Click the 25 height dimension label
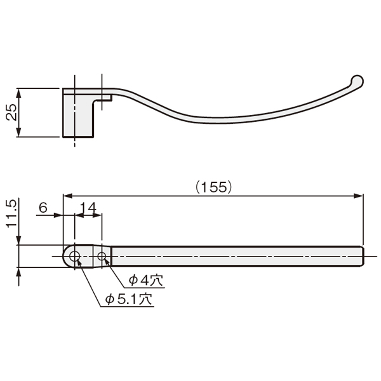(11, 112)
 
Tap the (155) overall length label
(214, 187)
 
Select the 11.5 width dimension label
(11, 214)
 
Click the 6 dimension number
(43, 208)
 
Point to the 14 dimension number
(88, 208)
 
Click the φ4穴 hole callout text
(146, 281)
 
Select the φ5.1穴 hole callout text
(128, 299)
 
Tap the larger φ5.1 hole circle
(75, 257)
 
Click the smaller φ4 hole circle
(102, 257)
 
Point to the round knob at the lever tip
(357, 81)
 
